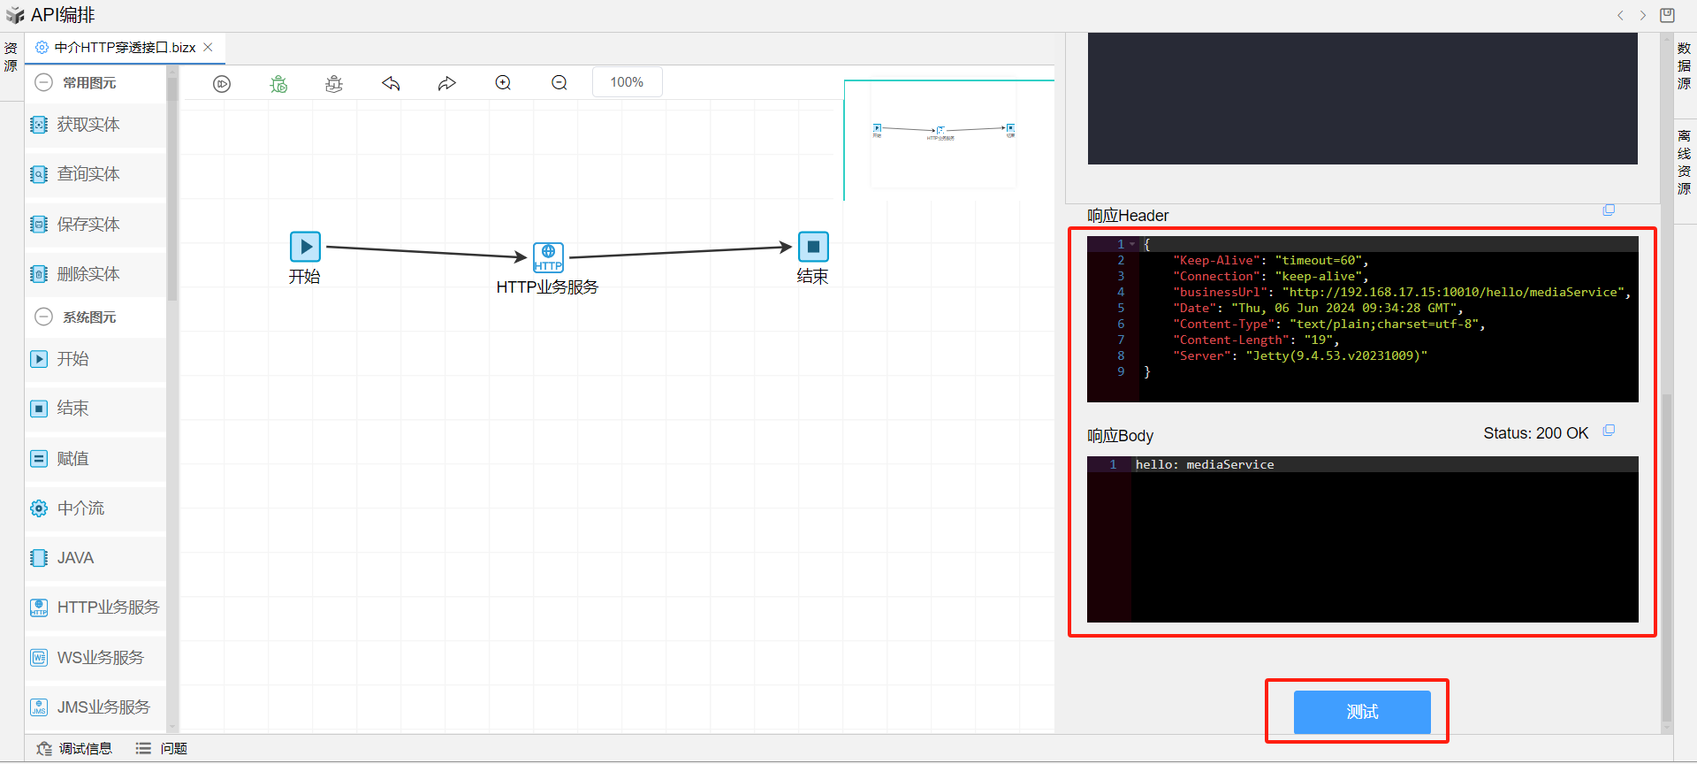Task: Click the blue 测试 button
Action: point(1361,712)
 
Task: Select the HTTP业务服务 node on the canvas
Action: point(548,257)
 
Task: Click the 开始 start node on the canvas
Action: point(305,247)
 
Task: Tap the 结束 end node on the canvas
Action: point(813,247)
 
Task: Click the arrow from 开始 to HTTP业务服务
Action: point(424,252)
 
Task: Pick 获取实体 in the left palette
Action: point(88,125)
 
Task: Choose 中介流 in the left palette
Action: point(80,508)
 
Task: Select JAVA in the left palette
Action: point(75,558)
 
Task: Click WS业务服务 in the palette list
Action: point(100,658)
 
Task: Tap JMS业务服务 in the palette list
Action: point(103,707)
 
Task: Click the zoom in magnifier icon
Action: point(503,83)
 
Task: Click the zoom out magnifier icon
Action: point(559,83)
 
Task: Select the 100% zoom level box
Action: point(627,82)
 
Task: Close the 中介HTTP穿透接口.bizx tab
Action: point(208,48)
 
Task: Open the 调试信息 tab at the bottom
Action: point(85,749)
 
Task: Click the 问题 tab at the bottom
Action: point(173,749)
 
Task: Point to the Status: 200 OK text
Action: point(1535,433)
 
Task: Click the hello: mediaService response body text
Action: point(1205,465)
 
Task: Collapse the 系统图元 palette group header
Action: point(43,317)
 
